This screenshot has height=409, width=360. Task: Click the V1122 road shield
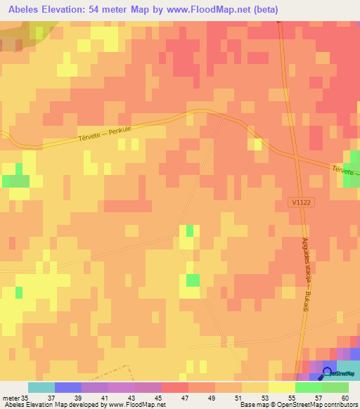pyautogui.click(x=298, y=202)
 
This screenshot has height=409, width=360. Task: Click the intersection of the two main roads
pyautogui.click(x=297, y=158)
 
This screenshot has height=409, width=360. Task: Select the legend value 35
pyautogui.click(x=27, y=398)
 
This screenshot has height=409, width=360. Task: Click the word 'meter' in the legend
pyautogui.click(x=11, y=398)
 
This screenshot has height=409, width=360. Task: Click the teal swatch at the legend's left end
pyautogui.click(x=41, y=387)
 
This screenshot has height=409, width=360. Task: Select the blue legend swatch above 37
pyautogui.click(x=67, y=387)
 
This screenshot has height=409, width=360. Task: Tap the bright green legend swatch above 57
pyautogui.click(x=308, y=387)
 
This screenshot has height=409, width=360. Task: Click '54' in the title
pyautogui.click(x=107, y=10)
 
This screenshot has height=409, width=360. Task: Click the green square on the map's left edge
pyautogui.click(x=15, y=180)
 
